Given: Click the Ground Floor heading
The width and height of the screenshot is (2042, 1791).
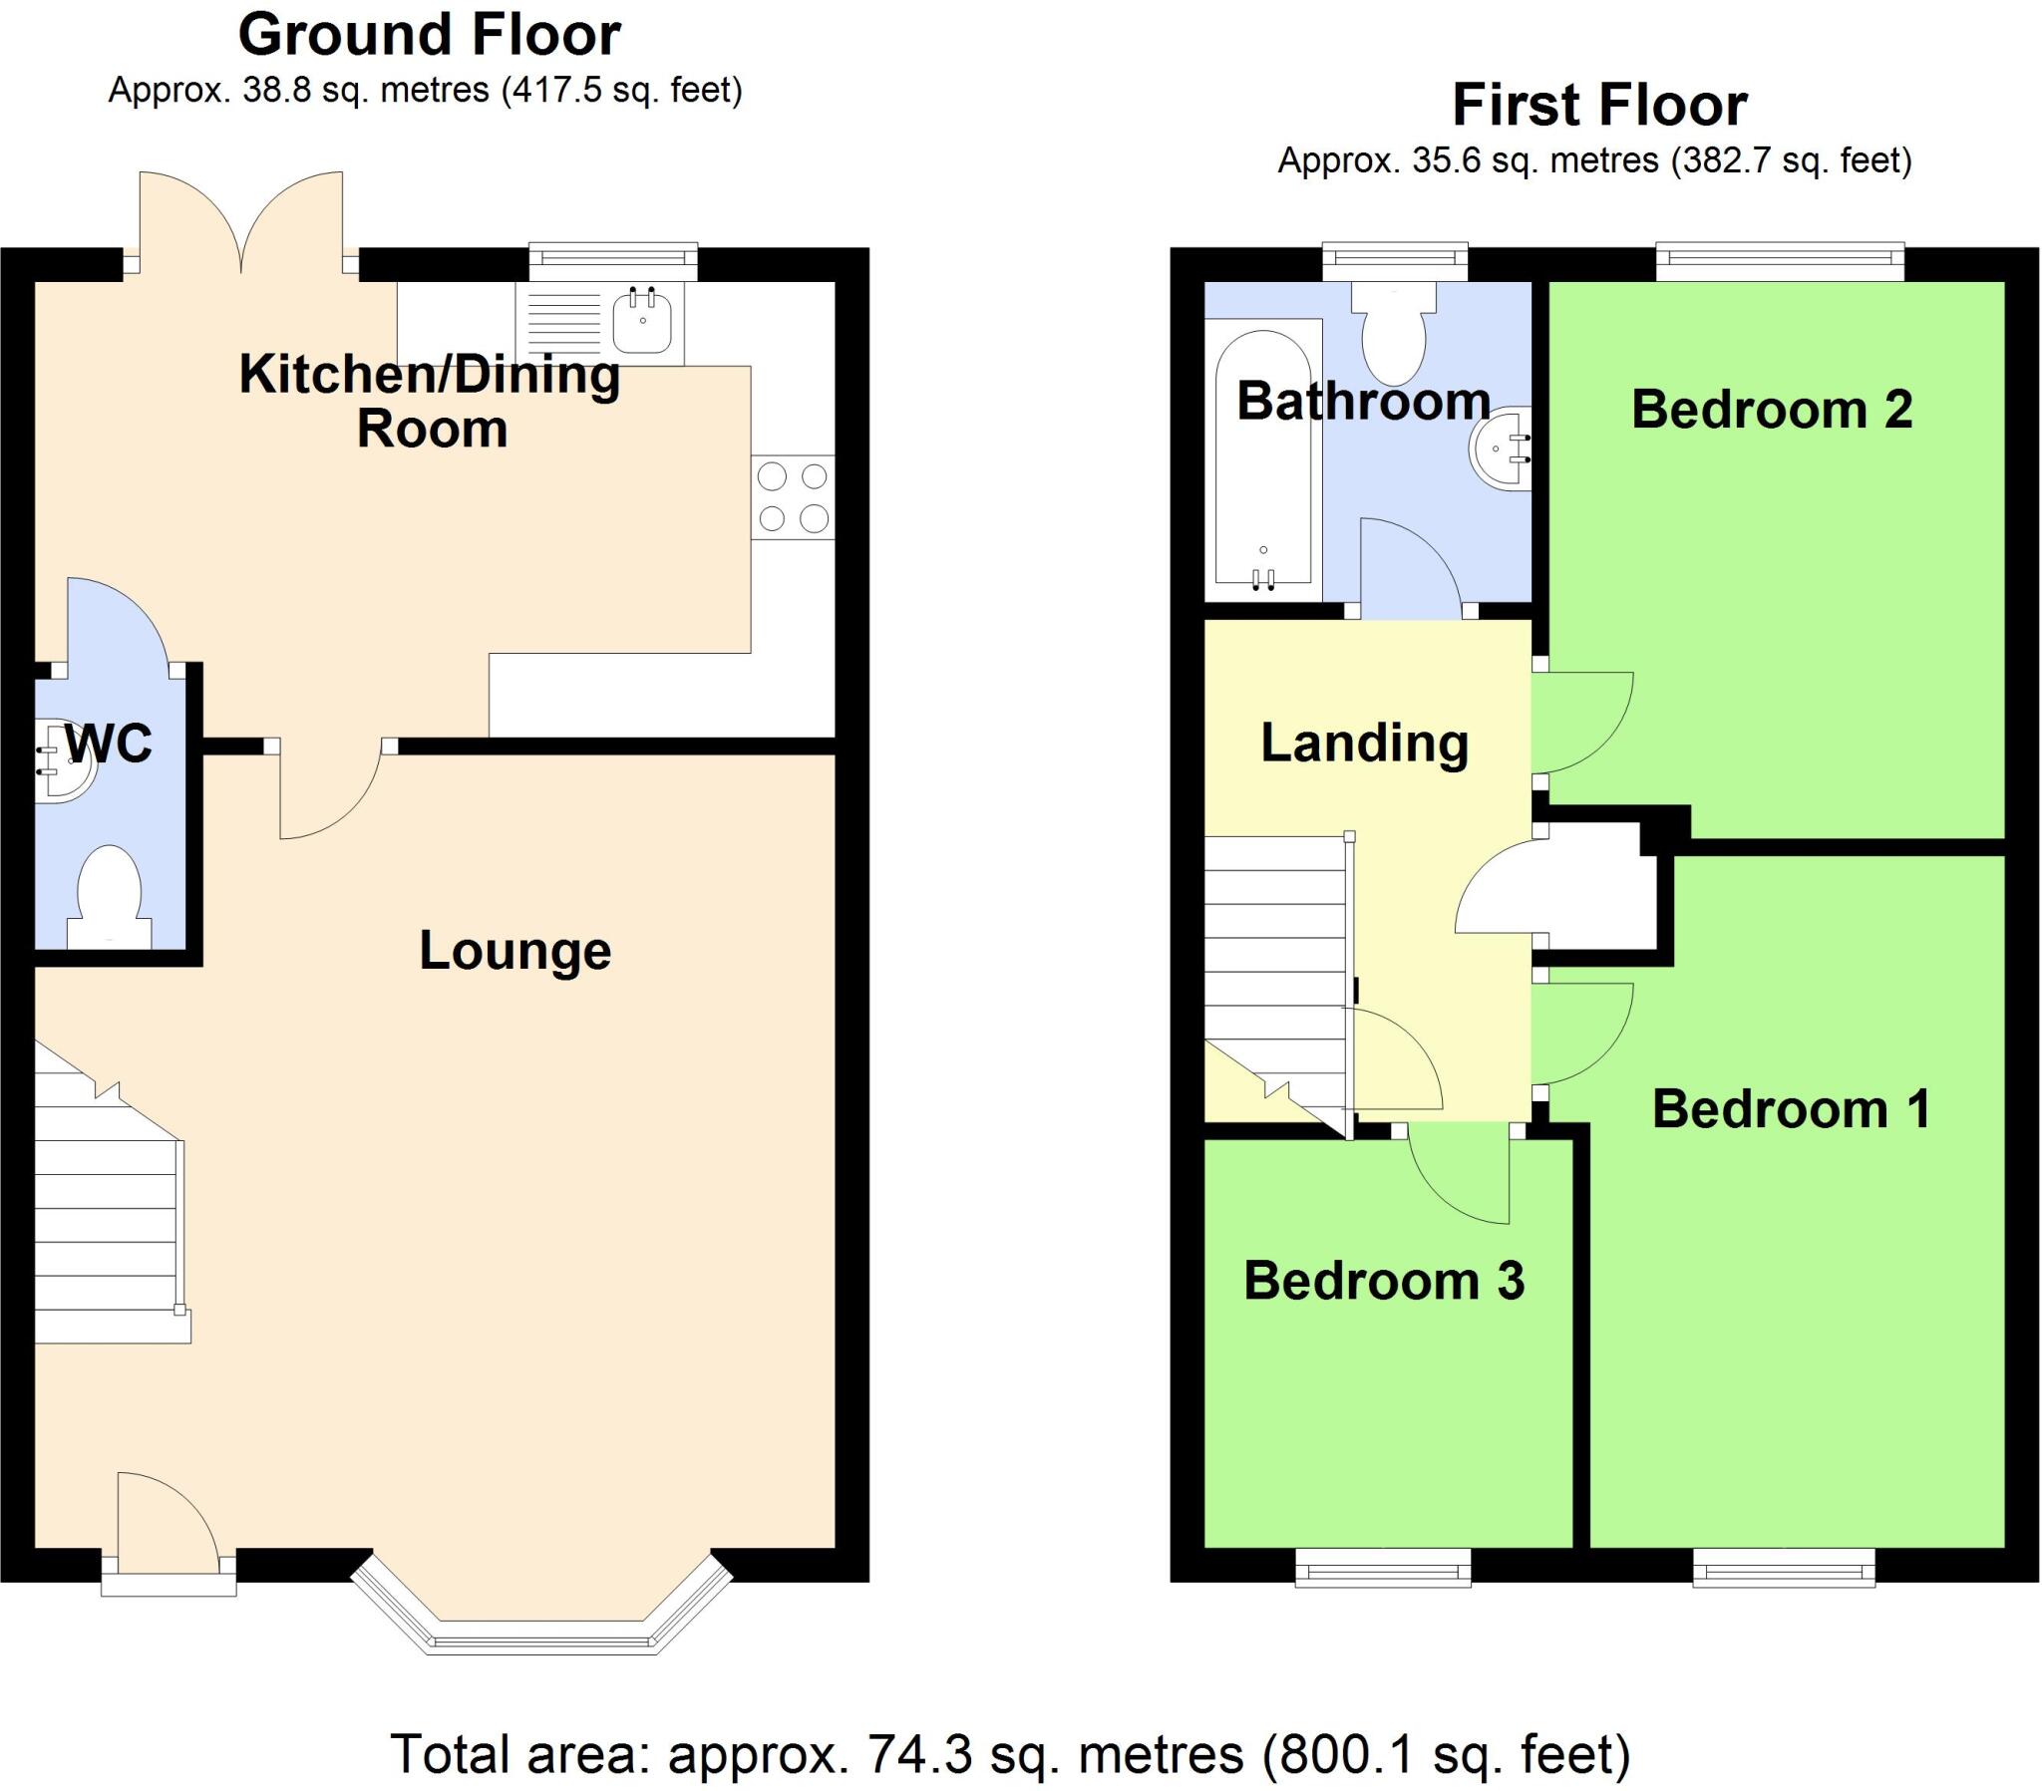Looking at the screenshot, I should (429, 35).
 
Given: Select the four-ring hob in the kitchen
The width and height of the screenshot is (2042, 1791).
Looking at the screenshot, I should (793, 497).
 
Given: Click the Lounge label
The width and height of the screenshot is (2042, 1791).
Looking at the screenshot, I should (514, 950).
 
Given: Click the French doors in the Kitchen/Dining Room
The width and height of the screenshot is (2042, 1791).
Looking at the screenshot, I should (241, 225).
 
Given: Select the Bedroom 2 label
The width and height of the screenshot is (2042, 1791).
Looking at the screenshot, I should (1771, 410).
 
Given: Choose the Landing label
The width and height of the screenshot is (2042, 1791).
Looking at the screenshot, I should (1364, 744).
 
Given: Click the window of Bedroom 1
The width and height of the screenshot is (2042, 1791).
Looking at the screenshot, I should (1783, 1568).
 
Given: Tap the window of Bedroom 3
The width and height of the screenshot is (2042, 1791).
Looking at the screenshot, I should (1383, 1568).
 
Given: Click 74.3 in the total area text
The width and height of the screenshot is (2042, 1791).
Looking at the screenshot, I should (919, 1754).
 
